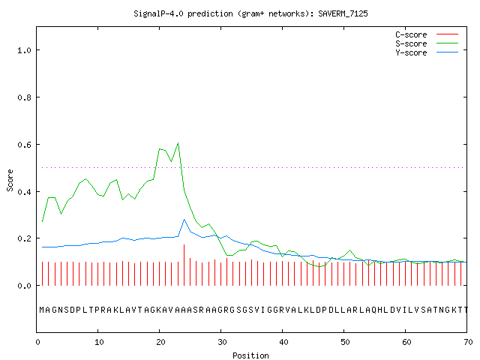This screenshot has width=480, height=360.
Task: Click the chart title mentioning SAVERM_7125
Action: [250, 13]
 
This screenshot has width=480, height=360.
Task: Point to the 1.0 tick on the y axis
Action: [24, 50]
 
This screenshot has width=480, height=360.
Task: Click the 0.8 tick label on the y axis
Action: [24, 97]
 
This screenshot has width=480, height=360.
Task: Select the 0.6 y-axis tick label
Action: [24, 145]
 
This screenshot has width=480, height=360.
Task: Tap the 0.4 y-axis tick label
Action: [24, 192]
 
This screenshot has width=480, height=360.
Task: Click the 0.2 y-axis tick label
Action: [24, 238]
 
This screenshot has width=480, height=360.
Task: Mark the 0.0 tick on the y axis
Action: [24, 286]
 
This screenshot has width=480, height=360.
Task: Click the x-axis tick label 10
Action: [99, 342]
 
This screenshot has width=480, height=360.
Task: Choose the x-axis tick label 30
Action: [222, 342]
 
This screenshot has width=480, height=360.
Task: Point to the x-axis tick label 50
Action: [345, 342]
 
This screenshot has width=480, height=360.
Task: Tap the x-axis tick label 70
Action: [468, 342]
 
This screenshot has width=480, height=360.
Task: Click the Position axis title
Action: [250, 355]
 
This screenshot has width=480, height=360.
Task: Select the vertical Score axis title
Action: [10, 180]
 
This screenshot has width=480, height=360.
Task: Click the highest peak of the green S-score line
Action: [178, 143]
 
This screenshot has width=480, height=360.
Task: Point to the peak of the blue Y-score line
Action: [184, 220]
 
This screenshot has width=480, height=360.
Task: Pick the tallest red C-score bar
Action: [184, 265]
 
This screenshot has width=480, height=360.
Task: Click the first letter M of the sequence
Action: [42, 310]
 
